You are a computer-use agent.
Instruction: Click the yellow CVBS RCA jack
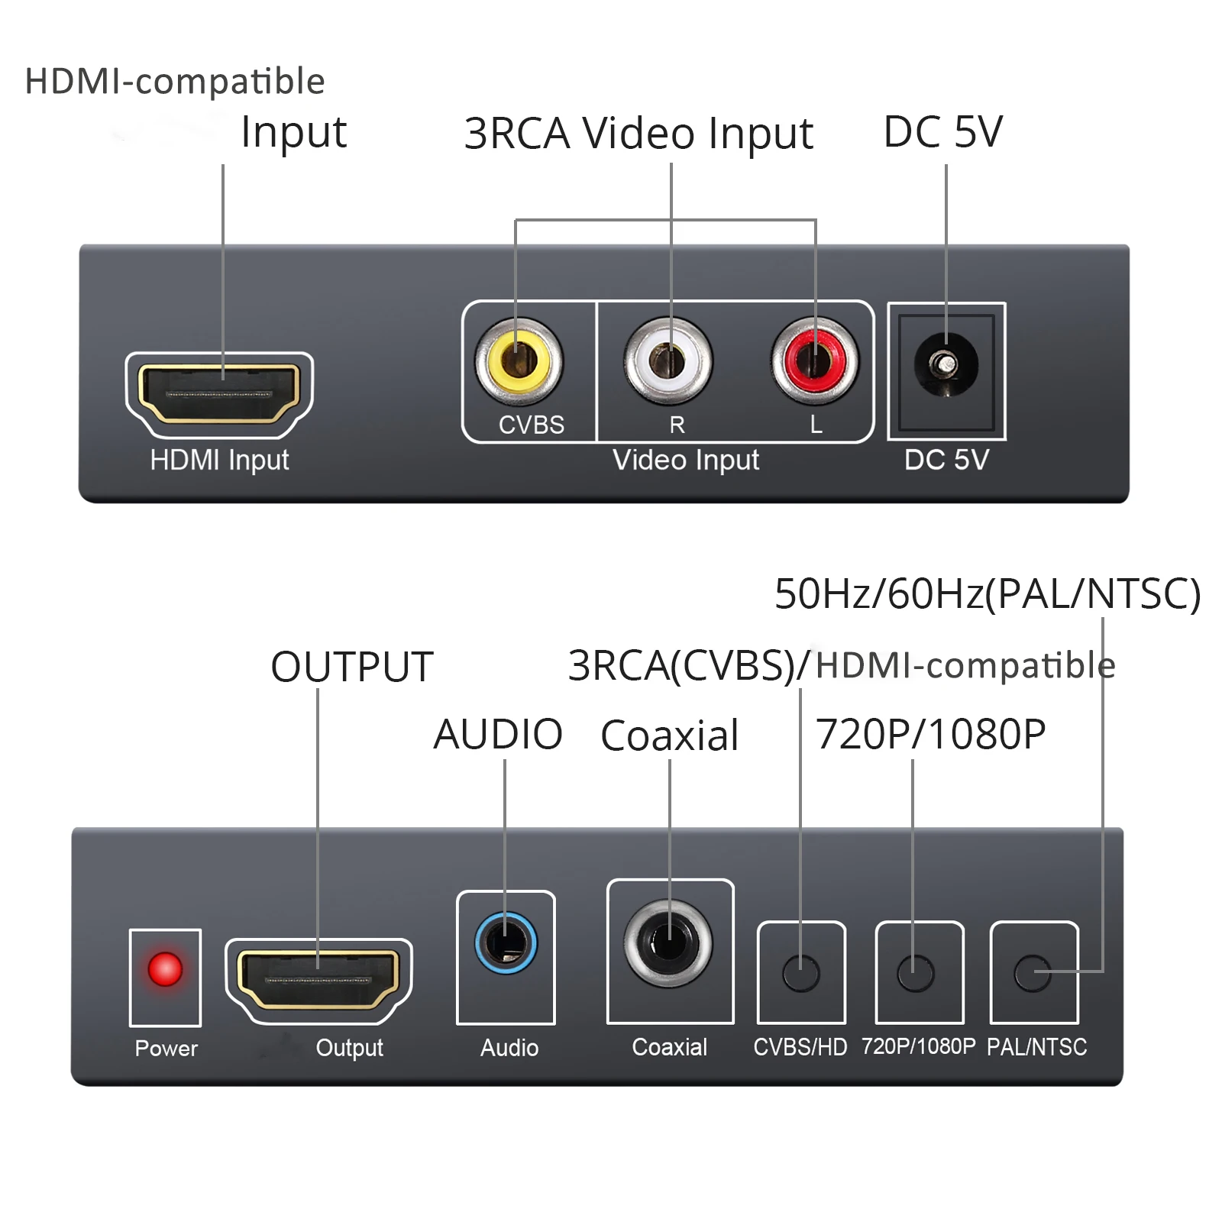(519, 360)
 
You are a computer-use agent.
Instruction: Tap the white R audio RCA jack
(668, 360)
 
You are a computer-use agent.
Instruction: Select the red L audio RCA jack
(815, 360)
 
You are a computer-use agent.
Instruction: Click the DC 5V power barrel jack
(946, 365)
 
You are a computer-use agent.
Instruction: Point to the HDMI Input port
(219, 393)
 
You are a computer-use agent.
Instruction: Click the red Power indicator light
(165, 969)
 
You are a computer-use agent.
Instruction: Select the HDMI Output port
(318, 980)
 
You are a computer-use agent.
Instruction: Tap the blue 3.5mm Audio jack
(506, 943)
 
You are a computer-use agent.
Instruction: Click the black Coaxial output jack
(668, 943)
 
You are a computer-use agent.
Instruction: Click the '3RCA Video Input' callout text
(638, 134)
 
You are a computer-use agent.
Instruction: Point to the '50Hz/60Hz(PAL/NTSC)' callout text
(987, 593)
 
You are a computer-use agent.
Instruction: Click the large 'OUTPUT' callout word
(352, 667)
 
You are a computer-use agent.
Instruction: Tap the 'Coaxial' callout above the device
(669, 735)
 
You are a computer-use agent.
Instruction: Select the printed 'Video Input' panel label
(686, 460)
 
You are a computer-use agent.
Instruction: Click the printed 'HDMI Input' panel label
(219, 460)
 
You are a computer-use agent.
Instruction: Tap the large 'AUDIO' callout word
(498, 735)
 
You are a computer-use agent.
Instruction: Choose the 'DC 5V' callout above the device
(942, 132)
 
